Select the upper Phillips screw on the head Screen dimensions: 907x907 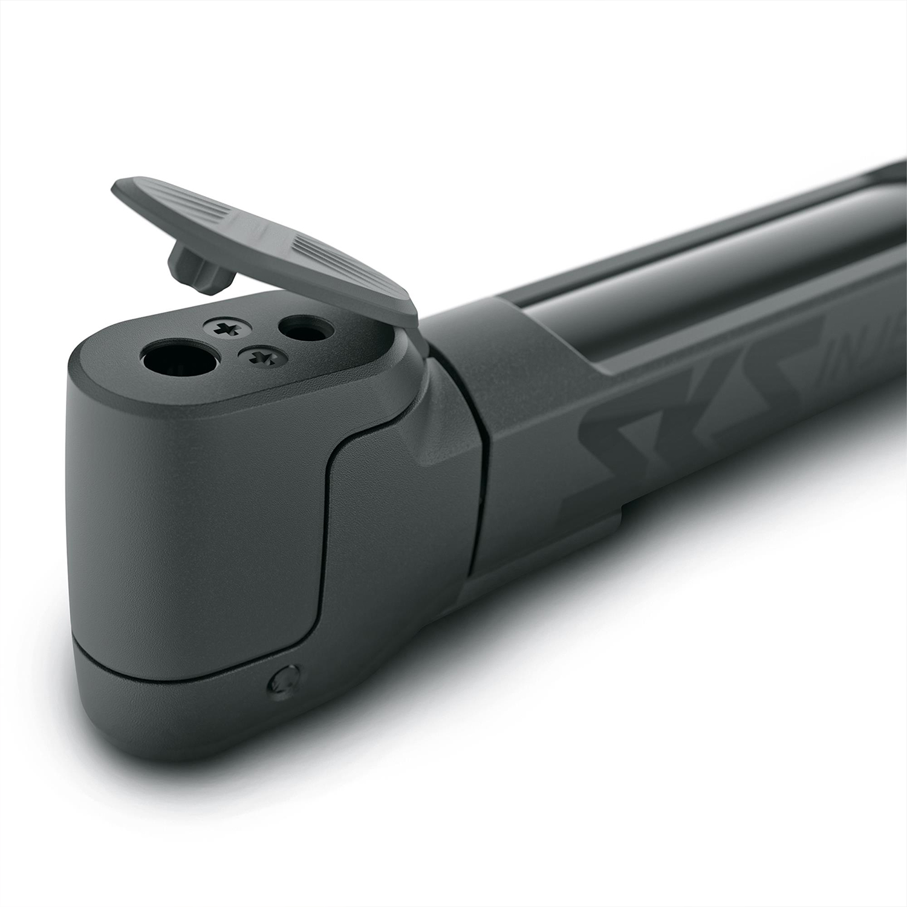[x=228, y=328]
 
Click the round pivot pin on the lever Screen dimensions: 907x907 [x=283, y=683]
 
